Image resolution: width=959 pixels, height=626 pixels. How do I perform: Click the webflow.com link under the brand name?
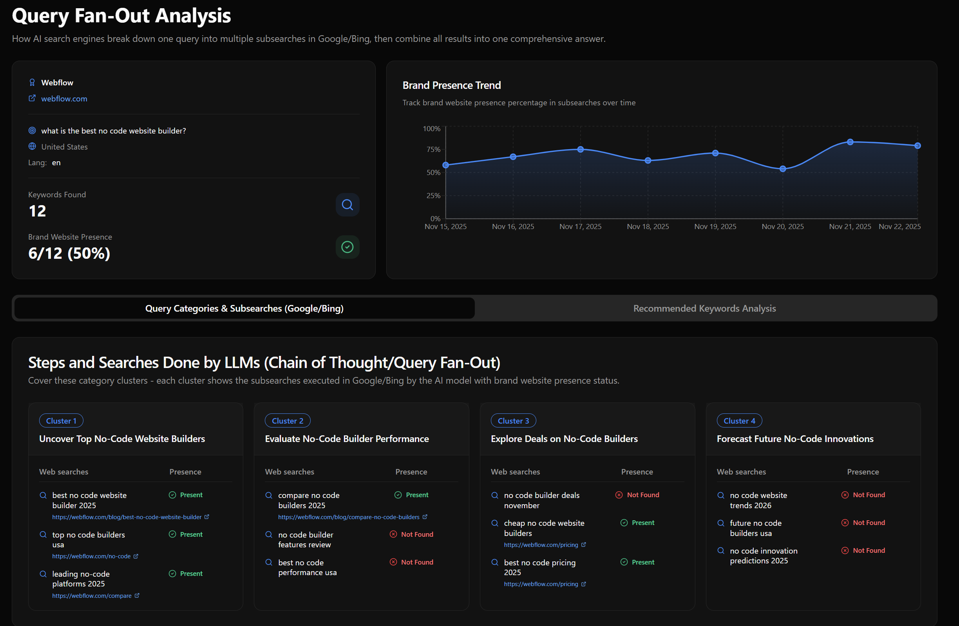point(64,99)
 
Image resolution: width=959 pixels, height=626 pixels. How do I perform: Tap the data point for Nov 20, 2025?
point(782,169)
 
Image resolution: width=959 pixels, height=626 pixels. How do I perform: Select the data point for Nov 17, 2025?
point(580,149)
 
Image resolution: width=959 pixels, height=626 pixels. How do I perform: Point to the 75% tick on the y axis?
point(433,149)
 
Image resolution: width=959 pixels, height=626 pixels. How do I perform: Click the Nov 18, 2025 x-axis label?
point(648,227)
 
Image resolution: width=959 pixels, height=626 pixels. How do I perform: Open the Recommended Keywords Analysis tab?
point(704,308)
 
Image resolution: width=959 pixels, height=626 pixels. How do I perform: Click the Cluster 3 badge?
point(513,421)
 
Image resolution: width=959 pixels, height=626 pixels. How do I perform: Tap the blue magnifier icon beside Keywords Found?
point(347,205)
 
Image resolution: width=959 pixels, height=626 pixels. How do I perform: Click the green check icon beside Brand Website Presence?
point(347,247)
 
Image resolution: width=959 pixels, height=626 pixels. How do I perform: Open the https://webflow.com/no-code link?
point(91,556)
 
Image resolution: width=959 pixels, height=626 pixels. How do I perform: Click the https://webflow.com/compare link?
point(92,596)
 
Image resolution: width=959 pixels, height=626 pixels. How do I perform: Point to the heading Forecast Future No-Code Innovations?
point(794,439)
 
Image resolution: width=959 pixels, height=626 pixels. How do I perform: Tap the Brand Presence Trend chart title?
point(451,85)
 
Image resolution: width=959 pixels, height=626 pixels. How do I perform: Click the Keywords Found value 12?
point(38,211)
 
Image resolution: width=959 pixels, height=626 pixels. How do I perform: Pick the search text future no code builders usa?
point(755,528)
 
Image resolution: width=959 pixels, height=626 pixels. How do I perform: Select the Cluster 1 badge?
point(61,421)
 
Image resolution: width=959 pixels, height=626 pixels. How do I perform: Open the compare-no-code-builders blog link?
point(349,517)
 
